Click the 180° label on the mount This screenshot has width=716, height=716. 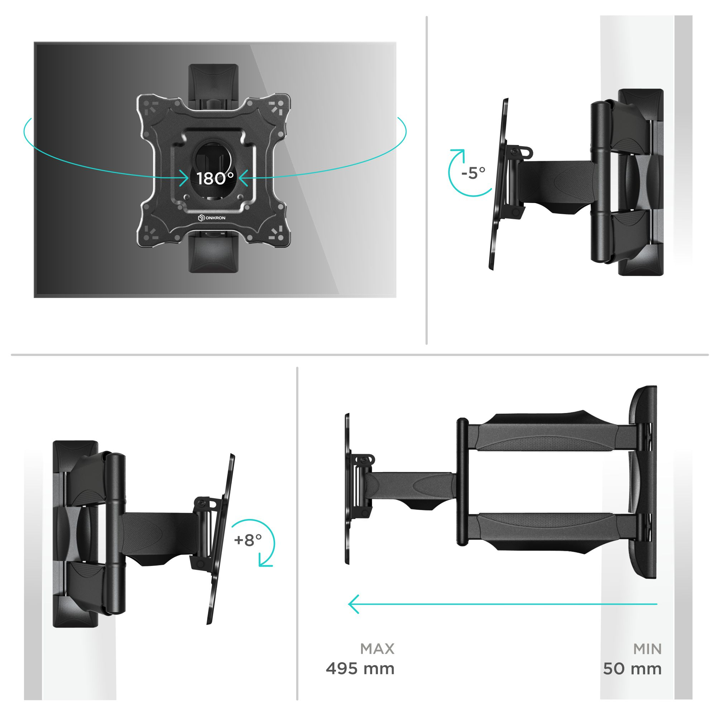tap(215, 179)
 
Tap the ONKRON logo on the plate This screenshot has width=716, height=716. tap(212, 218)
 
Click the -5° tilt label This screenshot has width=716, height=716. tap(473, 173)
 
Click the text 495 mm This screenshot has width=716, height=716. tap(360, 669)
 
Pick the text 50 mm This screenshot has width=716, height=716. tap(632, 669)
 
